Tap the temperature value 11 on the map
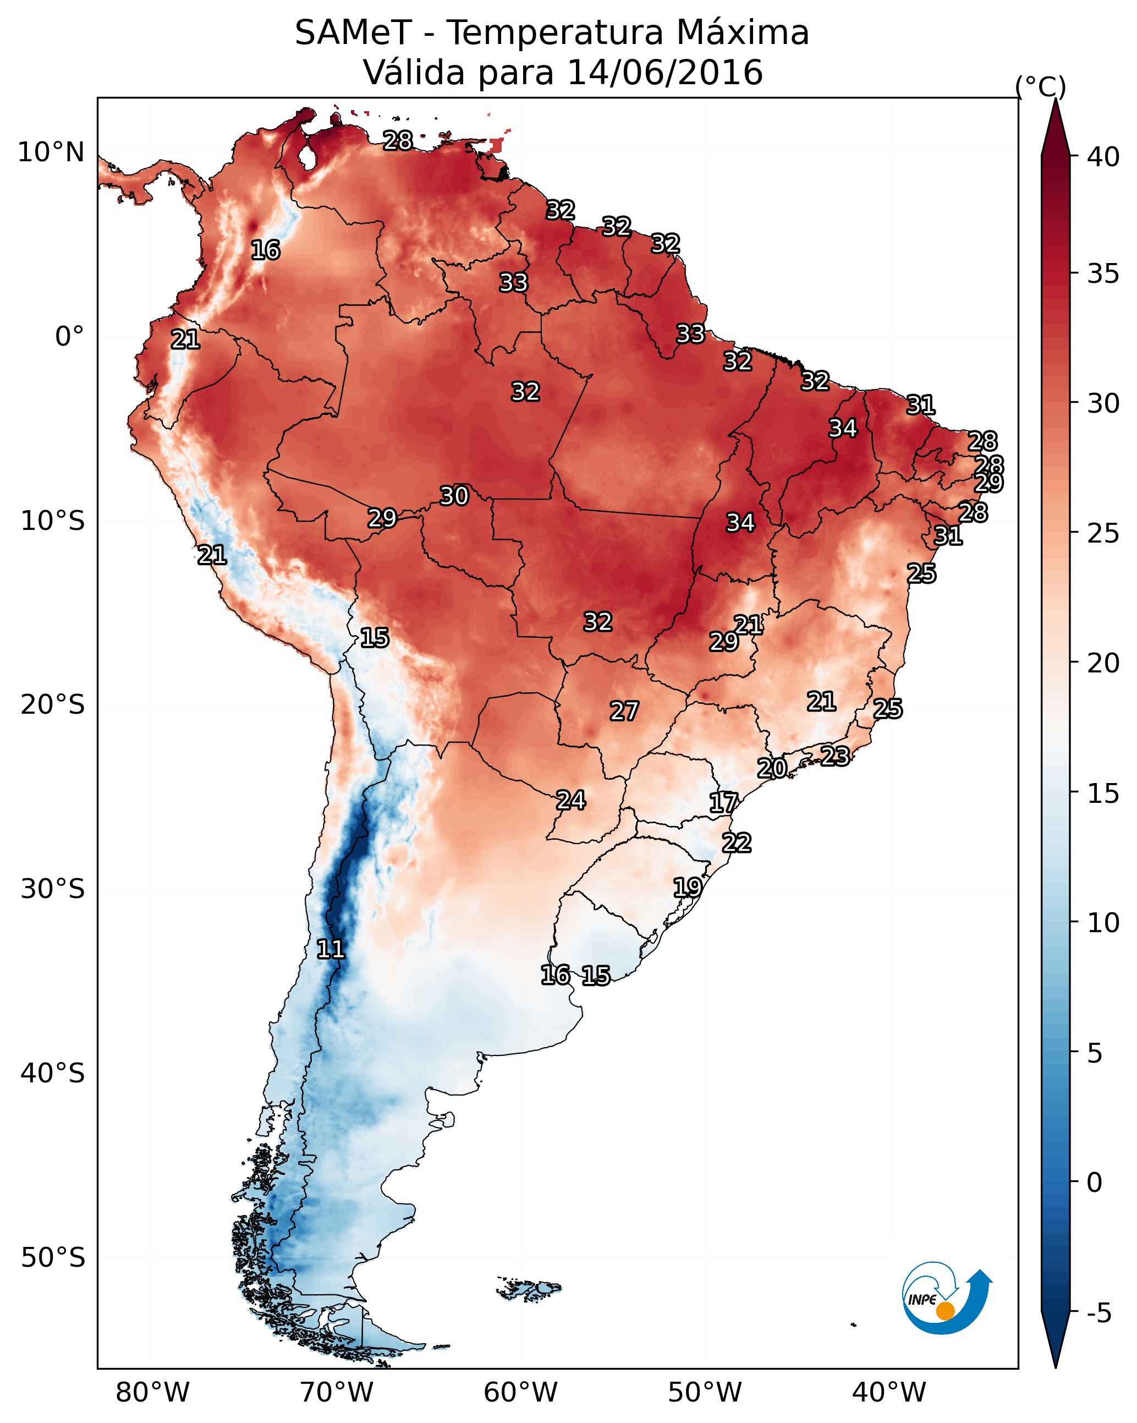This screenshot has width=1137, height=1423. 331,949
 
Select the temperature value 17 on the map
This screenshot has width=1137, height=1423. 723,803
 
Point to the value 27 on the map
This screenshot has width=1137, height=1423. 624,711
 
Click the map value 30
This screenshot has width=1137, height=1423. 454,496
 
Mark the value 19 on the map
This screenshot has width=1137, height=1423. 687,887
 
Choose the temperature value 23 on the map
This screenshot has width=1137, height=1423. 835,756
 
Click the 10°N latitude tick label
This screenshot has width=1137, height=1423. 51,152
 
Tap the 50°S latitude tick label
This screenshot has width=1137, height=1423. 53,1258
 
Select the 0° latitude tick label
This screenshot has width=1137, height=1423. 69,337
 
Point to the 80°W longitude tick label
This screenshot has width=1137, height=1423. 152,1392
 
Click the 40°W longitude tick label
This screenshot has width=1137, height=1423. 889,1392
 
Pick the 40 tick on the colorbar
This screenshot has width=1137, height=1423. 1103,157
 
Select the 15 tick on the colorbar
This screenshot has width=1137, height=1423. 1103,793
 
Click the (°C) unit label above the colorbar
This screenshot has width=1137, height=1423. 1041,86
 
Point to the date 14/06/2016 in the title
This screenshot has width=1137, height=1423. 664,73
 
